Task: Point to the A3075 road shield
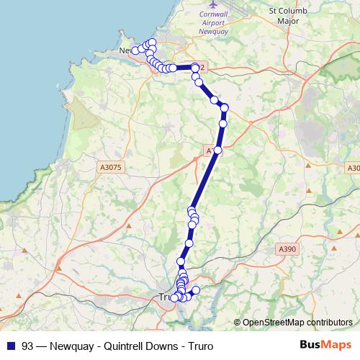pyautogui.click(x=109, y=166)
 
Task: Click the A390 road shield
pyautogui.click(x=287, y=248)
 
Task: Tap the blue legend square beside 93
pyautogui.click(x=10, y=345)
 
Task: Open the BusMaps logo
pyautogui.click(x=323, y=345)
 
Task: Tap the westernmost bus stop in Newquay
pyautogui.click(x=135, y=50)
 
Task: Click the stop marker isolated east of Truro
pyautogui.click(x=195, y=290)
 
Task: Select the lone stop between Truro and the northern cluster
pyautogui.click(x=181, y=261)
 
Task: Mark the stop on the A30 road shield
pyautogui.click(x=217, y=150)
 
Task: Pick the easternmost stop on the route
pyautogui.click(x=224, y=108)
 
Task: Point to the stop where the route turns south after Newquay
pyautogui.click(x=195, y=68)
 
